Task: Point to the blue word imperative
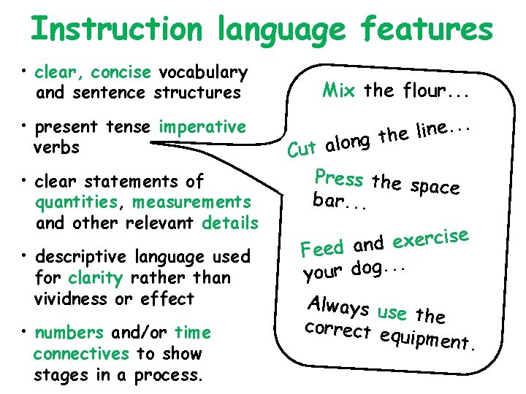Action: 203,127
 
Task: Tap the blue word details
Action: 231,223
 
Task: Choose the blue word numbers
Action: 69,333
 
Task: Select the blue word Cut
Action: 301,150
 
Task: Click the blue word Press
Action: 338,178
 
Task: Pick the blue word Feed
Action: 321,249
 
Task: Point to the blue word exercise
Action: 431,238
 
